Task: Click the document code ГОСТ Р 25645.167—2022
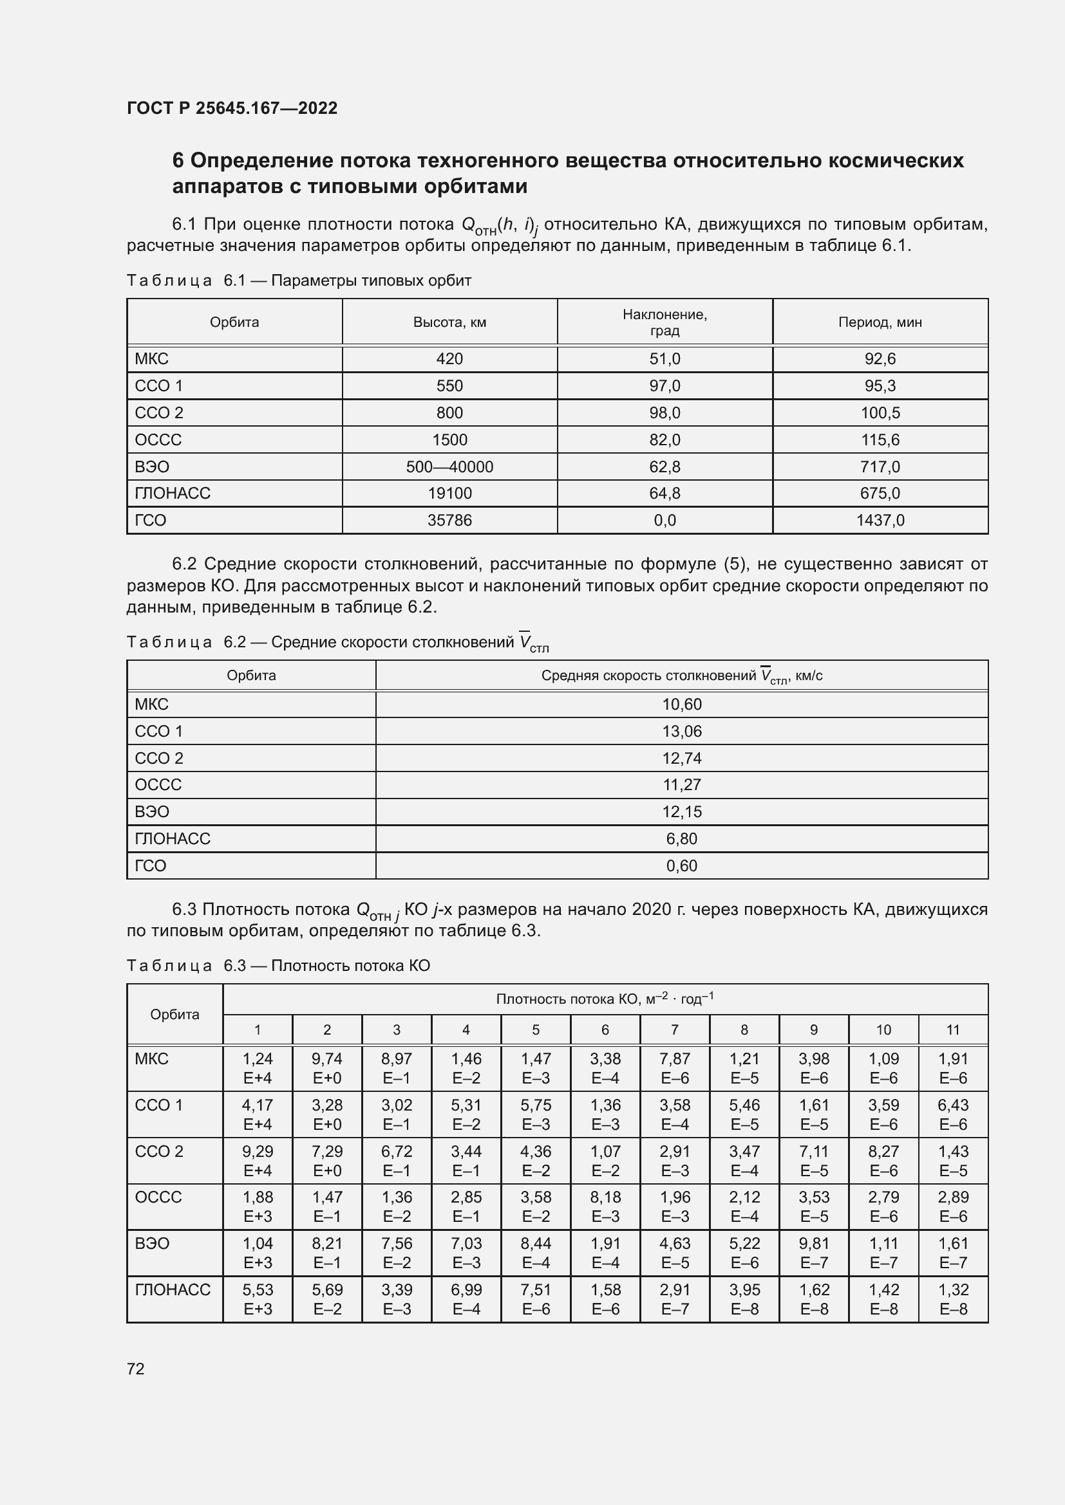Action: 232,108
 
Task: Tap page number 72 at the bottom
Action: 136,1369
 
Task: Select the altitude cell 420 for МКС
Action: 449,358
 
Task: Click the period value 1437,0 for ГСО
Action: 880,521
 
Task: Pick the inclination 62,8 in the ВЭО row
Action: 664,466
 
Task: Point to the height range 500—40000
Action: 449,466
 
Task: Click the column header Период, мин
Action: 880,322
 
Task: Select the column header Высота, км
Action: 449,322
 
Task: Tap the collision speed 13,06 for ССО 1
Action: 681,731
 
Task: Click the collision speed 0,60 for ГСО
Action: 681,865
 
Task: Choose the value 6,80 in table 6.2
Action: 681,838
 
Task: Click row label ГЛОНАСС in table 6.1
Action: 173,493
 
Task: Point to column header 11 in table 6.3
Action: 953,1029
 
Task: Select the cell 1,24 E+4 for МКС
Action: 258,1068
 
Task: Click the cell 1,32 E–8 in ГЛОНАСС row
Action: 953,1298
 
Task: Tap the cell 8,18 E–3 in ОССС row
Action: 605,1206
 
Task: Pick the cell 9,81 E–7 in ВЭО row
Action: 814,1253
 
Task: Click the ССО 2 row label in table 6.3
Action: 158,1151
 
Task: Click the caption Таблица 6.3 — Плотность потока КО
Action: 278,966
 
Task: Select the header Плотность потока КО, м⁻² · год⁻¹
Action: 605,999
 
